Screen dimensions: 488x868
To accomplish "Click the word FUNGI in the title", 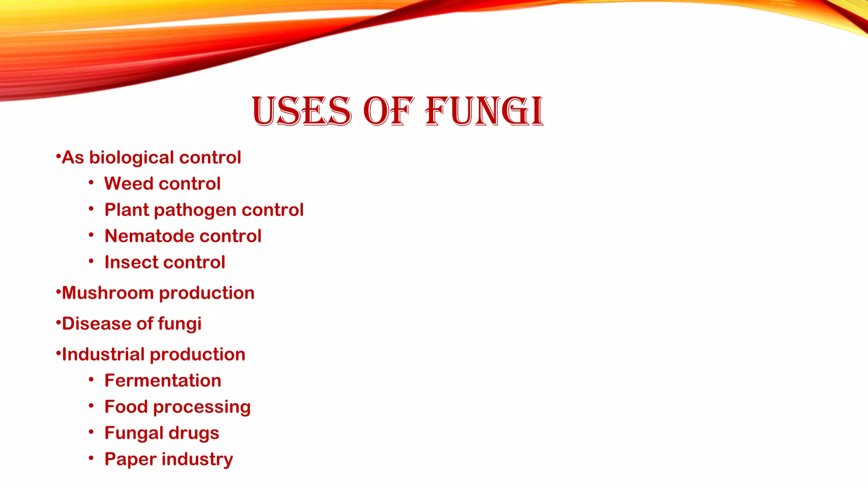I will (484, 111).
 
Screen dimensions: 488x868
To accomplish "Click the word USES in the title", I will (301, 111).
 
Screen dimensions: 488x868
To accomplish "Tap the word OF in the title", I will (388, 111).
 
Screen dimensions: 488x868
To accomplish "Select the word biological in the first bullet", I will (131, 158).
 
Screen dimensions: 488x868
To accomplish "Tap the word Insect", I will (132, 263).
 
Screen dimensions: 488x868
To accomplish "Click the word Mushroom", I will (108, 293).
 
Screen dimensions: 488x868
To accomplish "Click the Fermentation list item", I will (163, 381).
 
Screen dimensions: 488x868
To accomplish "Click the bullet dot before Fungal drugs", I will (91, 432).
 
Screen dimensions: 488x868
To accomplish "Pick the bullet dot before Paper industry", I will (91, 458).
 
